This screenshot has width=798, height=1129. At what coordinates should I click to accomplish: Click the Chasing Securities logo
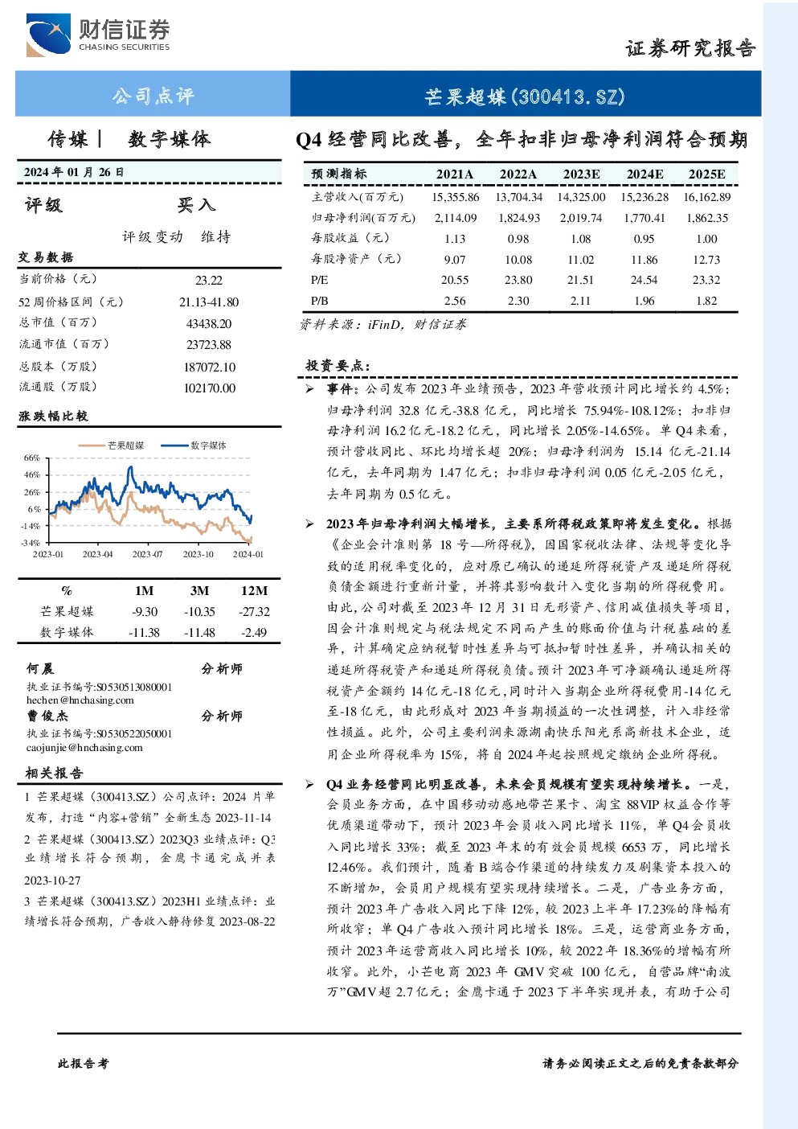coord(98,35)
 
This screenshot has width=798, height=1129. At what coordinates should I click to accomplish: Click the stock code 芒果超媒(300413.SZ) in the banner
coord(525,96)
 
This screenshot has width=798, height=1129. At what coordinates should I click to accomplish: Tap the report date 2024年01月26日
coord(74,172)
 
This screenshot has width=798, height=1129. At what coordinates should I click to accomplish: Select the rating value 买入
coord(196,204)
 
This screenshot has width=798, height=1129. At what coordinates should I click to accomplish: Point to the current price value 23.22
coord(209,280)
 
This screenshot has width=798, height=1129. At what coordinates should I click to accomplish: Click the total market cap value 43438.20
coord(209,323)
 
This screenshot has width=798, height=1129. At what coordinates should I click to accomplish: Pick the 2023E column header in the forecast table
coord(581,174)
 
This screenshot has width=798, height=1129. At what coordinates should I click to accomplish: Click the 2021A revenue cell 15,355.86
coord(456,197)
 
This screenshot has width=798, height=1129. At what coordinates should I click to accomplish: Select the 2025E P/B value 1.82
coord(706,301)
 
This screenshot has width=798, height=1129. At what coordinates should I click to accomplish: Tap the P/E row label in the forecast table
coord(319,280)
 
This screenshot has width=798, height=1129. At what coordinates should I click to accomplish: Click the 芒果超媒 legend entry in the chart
coord(112,445)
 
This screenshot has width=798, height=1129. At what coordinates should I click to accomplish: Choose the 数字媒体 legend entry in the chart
coord(194,445)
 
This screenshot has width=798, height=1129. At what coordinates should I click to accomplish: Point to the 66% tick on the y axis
coord(31,458)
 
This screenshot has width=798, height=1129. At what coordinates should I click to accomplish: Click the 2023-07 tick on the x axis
coord(148,554)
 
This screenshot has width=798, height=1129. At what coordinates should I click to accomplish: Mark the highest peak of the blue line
coord(131,467)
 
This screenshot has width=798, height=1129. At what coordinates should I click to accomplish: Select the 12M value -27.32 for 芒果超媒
coord(255,611)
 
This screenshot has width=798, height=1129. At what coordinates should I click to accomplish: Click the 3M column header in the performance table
coord(199,590)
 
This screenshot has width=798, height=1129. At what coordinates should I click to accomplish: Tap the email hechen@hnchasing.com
coord(80,700)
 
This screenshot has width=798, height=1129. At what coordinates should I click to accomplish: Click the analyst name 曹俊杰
coord(47,716)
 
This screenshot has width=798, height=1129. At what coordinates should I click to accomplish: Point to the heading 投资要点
coord(338,365)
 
